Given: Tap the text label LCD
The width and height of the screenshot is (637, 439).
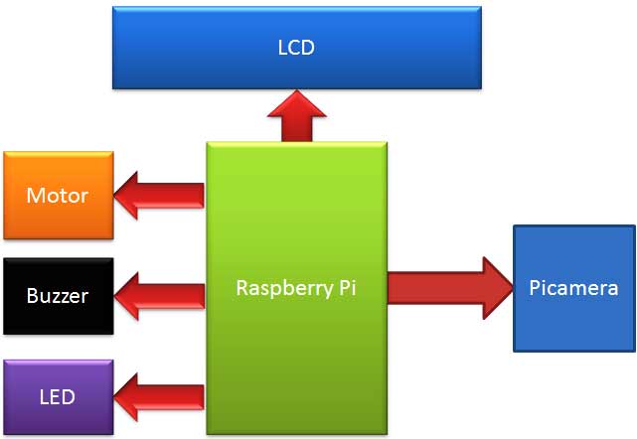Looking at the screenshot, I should pos(296,47).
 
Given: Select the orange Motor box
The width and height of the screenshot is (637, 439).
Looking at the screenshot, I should pos(58,196).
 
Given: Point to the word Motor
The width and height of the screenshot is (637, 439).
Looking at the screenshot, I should pos(58,196).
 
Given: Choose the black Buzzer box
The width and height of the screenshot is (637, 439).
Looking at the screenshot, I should pos(58,296).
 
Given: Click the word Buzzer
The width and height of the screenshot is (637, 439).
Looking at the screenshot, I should pos(58,296).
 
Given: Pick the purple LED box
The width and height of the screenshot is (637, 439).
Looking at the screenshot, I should pos(58,397).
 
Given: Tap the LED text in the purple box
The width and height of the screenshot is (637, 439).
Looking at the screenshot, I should pos(58,397).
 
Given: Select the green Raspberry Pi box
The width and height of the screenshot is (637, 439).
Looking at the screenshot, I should pos(296,338).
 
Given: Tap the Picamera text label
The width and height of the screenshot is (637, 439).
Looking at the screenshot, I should pos(573,289).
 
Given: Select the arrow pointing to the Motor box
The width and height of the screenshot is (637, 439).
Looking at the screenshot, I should pos(159,195).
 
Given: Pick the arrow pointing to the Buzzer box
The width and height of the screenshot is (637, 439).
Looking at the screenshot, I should pos(159,294).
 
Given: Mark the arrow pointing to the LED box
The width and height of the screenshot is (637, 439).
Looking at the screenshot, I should pos(159,397).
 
